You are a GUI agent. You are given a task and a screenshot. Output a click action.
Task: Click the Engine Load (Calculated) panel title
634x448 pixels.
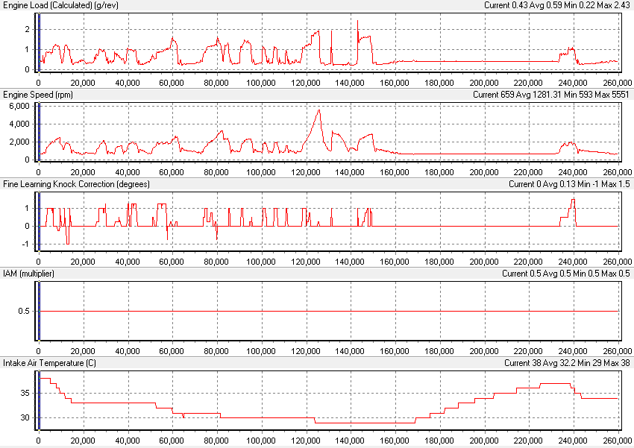[60, 5]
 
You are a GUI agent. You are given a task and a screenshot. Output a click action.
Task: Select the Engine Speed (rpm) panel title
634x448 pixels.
[38, 95]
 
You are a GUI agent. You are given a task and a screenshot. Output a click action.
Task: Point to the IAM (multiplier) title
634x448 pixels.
[28, 274]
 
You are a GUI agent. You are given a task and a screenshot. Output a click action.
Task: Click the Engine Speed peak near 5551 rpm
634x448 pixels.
[319, 110]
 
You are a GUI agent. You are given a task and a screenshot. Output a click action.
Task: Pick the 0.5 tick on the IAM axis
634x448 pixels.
[24, 312]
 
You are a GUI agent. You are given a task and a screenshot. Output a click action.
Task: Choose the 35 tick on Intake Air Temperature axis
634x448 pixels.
[25, 392]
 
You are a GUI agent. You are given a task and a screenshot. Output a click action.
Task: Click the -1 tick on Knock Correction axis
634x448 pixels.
[27, 244]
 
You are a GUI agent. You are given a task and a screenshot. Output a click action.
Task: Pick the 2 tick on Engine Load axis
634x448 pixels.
[28, 29]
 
